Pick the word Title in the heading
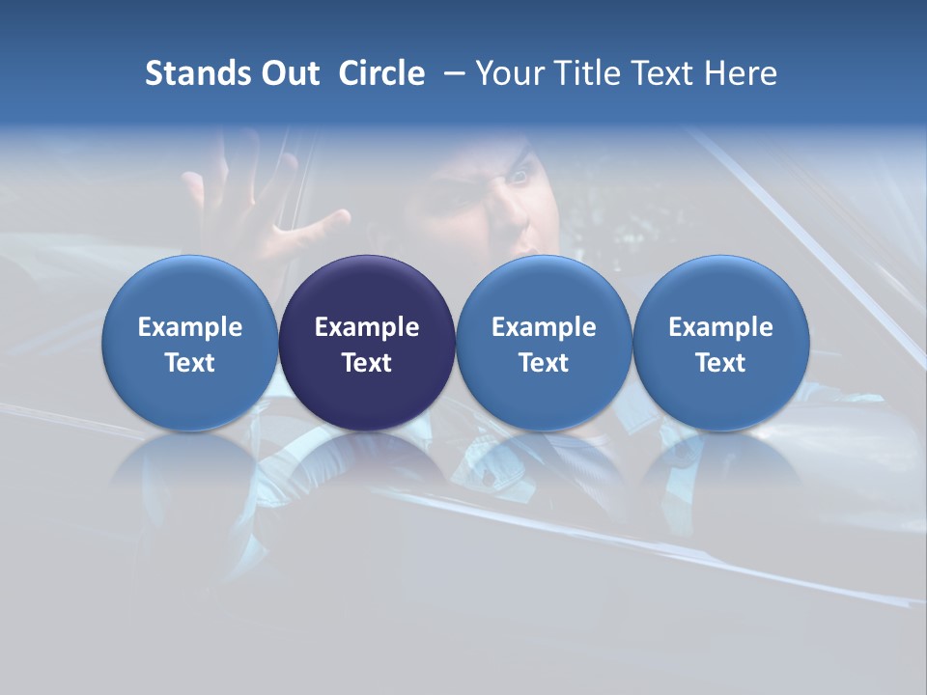click(x=586, y=74)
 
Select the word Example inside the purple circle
click(x=367, y=327)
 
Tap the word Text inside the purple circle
click(x=367, y=363)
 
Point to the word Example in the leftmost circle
click(x=189, y=327)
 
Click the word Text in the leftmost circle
click(x=189, y=363)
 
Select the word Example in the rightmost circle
click(x=721, y=327)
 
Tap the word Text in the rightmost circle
click(x=721, y=363)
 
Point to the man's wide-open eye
click(x=520, y=176)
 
